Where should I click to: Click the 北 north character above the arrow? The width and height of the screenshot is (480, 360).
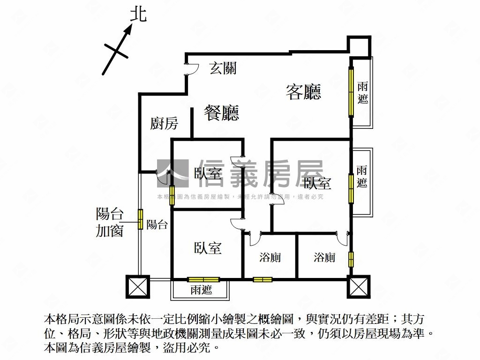pos(138,15)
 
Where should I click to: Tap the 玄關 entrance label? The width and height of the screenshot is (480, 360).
pos(223,68)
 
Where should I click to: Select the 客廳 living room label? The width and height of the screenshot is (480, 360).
pos(303,91)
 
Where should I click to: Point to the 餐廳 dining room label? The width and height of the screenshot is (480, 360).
pos(222,113)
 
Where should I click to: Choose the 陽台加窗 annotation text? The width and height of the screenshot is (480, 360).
pos(110,222)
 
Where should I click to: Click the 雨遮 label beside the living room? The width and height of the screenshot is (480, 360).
pos(362,93)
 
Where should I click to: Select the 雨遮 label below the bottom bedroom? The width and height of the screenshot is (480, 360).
pos(201,290)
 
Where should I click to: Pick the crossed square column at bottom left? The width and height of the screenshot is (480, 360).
pos(137,286)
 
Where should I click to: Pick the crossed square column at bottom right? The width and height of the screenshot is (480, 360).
pos(359,286)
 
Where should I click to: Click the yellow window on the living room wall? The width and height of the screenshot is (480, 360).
pos(351,92)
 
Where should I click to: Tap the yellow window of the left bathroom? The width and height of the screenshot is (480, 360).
pos(262,280)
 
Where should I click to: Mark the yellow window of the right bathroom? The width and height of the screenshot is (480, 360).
pos(351,259)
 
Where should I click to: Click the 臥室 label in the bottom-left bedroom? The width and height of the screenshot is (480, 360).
pos(208,248)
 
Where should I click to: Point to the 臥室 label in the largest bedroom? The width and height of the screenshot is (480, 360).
pos(317,183)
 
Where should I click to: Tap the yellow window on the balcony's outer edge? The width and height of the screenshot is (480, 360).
pos(140,219)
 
